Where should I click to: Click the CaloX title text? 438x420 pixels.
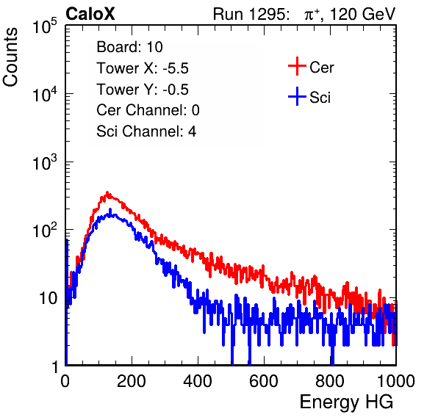pyautogui.click(x=90, y=14)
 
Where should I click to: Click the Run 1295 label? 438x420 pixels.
pyautogui.click(x=251, y=14)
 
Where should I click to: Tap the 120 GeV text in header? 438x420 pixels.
pyautogui.click(x=363, y=14)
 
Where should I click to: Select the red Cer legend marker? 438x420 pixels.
pyautogui.click(x=297, y=66)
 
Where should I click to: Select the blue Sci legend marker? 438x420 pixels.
pyautogui.click(x=297, y=96)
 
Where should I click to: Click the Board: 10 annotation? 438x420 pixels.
pyautogui.click(x=129, y=46)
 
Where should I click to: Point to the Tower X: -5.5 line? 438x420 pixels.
pyautogui.click(x=143, y=68)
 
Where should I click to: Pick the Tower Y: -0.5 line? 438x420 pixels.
pyautogui.click(x=143, y=89)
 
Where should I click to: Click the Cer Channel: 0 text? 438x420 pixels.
pyautogui.click(x=148, y=110)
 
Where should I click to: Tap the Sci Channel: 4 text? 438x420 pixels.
pyautogui.click(x=146, y=131)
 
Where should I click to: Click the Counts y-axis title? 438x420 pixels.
pyautogui.click(x=10, y=57)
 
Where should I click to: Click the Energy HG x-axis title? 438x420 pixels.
pyautogui.click(x=347, y=402)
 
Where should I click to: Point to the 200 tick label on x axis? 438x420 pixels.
pyautogui.click(x=132, y=381)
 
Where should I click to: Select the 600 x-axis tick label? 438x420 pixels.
pyautogui.click(x=264, y=381)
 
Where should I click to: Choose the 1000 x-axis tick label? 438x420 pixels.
pyautogui.click(x=396, y=381)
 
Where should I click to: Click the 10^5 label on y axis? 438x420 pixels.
pyautogui.click(x=45, y=26)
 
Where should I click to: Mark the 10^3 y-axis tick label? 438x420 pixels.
pyautogui.click(x=45, y=163)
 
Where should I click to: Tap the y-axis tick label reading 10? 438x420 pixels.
pyautogui.click(x=48, y=298)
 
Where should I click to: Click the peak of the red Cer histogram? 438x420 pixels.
pyautogui.click(x=107, y=192)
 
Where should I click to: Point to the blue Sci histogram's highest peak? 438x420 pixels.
pyautogui.click(x=110, y=209)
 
